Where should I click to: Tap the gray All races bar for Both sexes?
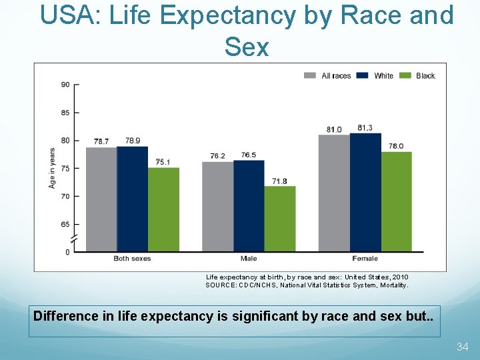click(x=101, y=199)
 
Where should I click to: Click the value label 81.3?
click(x=365, y=127)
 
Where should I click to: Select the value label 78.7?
click(x=101, y=141)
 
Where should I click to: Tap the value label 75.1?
click(x=163, y=162)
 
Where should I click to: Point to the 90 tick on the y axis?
click(x=65, y=85)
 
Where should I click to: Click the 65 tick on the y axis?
click(x=65, y=225)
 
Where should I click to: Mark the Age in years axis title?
click(x=52, y=167)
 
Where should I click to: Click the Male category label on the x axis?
click(x=249, y=259)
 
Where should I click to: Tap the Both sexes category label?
click(x=132, y=259)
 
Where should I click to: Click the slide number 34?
click(x=463, y=347)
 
